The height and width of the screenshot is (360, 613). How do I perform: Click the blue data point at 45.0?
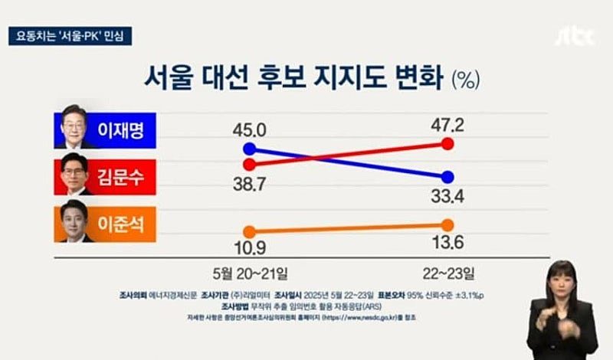(x=248, y=149)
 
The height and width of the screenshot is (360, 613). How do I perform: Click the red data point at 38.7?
(x=248, y=164)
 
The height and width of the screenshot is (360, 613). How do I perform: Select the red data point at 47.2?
(x=448, y=143)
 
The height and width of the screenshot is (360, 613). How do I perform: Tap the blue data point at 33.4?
(x=448, y=177)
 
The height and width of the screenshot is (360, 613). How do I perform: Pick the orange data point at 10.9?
(x=248, y=231)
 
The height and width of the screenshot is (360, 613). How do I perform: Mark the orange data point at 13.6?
(x=448, y=224)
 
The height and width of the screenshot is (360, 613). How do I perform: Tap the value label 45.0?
(x=248, y=129)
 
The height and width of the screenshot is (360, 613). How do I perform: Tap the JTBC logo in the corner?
(x=576, y=35)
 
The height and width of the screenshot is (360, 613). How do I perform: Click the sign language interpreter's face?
(x=563, y=283)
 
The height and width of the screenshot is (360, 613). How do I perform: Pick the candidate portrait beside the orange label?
(x=77, y=224)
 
